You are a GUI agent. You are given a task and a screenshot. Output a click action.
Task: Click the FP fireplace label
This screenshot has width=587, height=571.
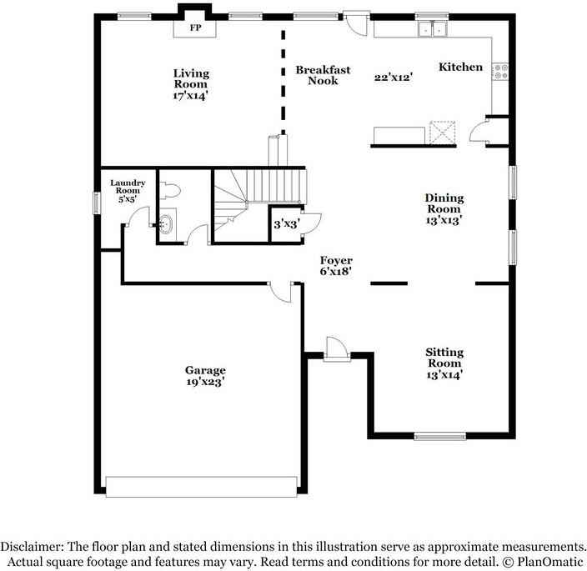pos(195,28)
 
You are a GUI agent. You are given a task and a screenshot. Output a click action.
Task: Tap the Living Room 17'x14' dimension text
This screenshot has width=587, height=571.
pos(190,96)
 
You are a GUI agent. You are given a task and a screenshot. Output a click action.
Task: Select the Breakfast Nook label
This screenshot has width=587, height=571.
pos(323,75)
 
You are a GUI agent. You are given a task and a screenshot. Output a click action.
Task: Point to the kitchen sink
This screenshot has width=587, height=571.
pos(433,29)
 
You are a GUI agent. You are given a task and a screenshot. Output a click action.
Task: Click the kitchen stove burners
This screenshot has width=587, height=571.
pos(500,72)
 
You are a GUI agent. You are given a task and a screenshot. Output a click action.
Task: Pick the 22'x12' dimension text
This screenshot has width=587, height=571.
pos(394,78)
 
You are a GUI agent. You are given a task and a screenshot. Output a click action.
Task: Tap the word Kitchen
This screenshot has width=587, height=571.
pos(460,67)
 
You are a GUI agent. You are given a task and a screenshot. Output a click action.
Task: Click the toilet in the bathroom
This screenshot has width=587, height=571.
pos(170,190)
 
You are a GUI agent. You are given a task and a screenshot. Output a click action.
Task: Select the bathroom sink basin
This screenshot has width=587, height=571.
pos(166,224)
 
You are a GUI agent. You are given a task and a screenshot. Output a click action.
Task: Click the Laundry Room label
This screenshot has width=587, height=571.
pos(128,187)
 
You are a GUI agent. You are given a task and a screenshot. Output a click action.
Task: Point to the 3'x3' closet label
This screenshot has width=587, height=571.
pos(287,224)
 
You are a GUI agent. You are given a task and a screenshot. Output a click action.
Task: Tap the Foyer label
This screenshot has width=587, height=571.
pos(336,260)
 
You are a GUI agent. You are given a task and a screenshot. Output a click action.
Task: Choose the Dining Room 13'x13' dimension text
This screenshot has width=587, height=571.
pos(444,220)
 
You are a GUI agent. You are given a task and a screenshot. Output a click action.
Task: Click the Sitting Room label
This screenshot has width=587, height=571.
pos(444,358)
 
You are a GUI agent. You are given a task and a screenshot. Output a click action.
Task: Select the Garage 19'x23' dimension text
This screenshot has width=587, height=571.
pos(205,382)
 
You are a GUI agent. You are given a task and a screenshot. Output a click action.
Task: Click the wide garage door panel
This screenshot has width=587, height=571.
pos(202,487)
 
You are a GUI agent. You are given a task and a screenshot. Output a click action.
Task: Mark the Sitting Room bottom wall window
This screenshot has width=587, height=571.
pos(440,436)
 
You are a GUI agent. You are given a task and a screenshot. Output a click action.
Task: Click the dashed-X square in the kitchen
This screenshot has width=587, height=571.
pos(443,132)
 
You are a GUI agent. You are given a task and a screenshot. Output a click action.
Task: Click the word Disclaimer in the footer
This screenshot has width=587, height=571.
pos(33,547)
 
